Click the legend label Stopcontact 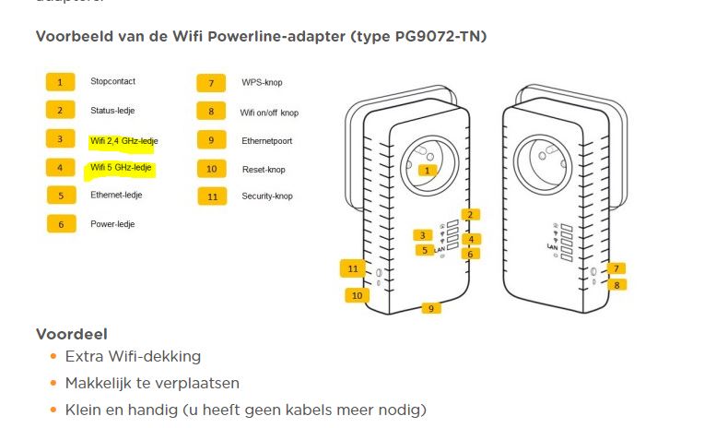[x=112, y=82]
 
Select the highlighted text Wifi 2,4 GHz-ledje [x=123, y=140]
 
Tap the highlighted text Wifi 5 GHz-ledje [x=121, y=168]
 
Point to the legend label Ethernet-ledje [x=116, y=196]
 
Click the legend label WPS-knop [x=262, y=83]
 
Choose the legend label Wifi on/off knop [x=269, y=113]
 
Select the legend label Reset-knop [x=263, y=169]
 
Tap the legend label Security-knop [x=267, y=196]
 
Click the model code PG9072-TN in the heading [x=434, y=37]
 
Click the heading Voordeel [x=72, y=334]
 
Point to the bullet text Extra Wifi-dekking [x=133, y=357]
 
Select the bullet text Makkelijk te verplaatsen [x=152, y=383]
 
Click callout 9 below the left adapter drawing [x=430, y=308]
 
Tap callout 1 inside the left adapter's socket [x=426, y=170]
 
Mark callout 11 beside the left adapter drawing [x=354, y=268]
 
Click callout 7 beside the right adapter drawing [x=616, y=268]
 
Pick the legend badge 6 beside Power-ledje [x=60, y=223]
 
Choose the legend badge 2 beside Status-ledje [x=60, y=111]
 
